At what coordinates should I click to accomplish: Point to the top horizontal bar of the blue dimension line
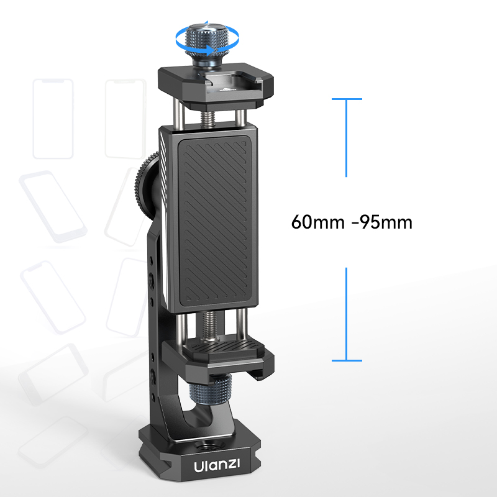point(346,99)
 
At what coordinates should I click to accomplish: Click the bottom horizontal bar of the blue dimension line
point(346,360)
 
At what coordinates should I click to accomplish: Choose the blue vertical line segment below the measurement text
point(346,314)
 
